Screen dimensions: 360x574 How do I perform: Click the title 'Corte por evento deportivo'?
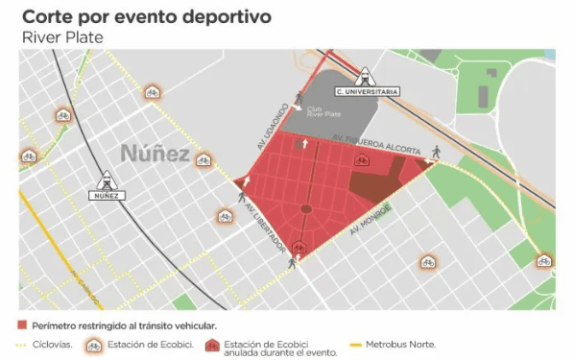[x=146, y=17]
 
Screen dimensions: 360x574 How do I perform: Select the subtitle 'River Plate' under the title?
[x=61, y=37]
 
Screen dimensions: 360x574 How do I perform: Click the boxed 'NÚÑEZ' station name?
[x=107, y=195]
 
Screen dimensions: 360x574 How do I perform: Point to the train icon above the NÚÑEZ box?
[x=106, y=179]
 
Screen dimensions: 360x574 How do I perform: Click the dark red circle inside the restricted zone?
[x=306, y=208]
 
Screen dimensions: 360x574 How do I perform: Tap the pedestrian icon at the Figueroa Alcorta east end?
[x=435, y=151]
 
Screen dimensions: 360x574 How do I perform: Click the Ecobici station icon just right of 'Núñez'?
[x=203, y=160]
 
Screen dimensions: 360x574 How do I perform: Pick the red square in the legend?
[x=23, y=325]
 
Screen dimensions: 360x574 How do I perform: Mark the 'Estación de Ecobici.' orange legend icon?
[x=94, y=344]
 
